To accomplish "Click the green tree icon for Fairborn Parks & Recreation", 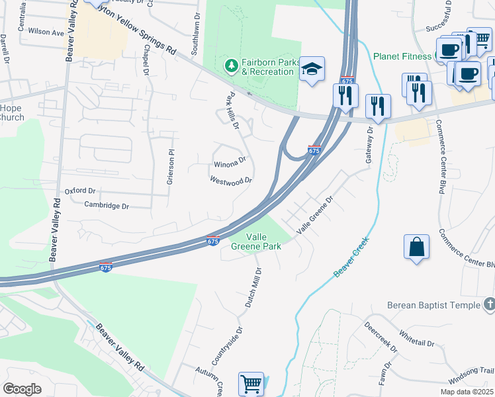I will click(x=232, y=65).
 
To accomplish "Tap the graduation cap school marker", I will click(x=312, y=69).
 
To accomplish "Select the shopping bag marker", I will click(x=417, y=247).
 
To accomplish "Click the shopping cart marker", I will click(x=251, y=384).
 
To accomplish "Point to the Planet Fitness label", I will click(x=401, y=56).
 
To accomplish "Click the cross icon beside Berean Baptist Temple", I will click(x=488, y=304).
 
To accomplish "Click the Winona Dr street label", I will click(x=230, y=163).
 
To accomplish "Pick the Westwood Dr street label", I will click(x=231, y=180).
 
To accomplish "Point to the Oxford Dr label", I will click(x=79, y=191).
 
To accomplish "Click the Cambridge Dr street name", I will click(x=107, y=206).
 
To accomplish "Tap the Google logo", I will click(x=22, y=389).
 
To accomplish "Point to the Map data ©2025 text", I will click(x=467, y=392).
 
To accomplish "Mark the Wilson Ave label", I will click(x=46, y=32).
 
